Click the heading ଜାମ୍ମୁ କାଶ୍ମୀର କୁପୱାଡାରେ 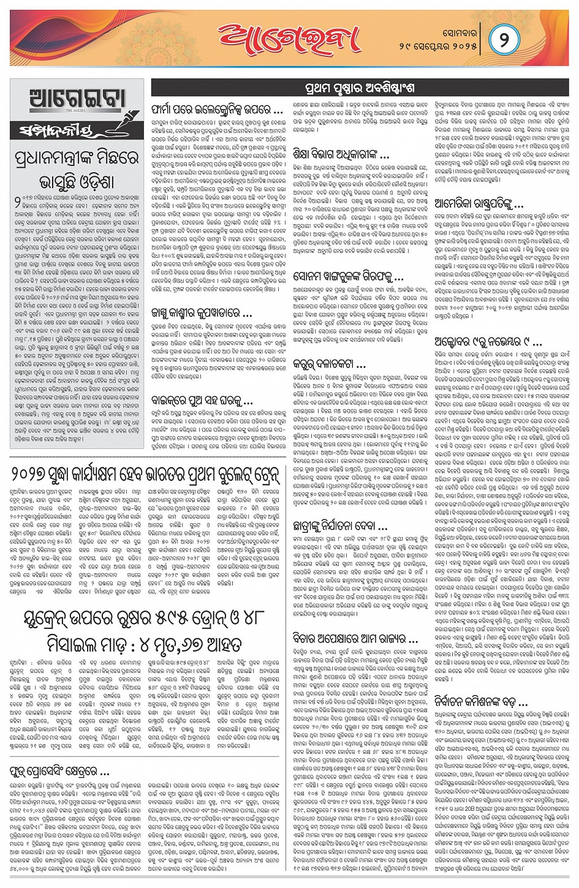pyautogui.click(x=202, y=314)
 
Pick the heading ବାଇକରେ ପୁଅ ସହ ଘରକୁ pyautogui.click(x=202, y=401)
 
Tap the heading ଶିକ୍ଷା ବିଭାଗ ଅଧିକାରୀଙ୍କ pyautogui.click(x=341, y=153)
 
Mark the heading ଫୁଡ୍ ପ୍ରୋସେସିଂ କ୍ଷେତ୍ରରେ pyautogui.click(x=59, y=769)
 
